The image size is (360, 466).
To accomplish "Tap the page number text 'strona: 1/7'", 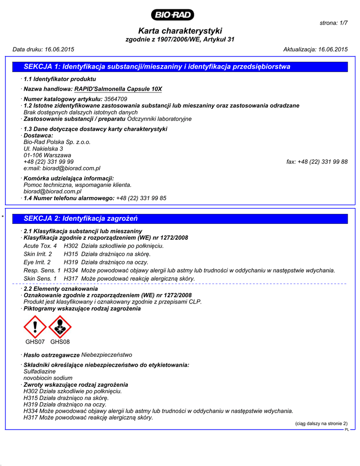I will point(334,23).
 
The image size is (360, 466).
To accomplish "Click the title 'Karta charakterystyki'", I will point(180,31).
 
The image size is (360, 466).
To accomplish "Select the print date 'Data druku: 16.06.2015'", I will point(43,49).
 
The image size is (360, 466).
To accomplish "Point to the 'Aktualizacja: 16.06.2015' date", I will point(315,49).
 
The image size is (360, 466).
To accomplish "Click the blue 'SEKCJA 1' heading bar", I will point(179,67).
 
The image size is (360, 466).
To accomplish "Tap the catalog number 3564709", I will point(116,99).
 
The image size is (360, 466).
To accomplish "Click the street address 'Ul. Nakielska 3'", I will point(43,149).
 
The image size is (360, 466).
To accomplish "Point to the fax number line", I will point(317,162).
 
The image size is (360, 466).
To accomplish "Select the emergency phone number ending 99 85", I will point(141,198).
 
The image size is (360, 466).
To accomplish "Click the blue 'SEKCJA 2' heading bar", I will point(179,218).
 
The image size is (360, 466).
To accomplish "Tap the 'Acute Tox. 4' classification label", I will point(40,246).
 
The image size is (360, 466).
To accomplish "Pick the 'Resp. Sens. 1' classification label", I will point(42,270).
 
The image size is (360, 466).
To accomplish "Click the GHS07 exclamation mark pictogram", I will point(35,326).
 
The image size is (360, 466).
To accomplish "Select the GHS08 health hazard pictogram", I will point(60,326).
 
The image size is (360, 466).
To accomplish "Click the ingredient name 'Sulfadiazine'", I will point(40,371).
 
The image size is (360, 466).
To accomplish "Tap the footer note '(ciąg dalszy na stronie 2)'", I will point(321,423).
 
